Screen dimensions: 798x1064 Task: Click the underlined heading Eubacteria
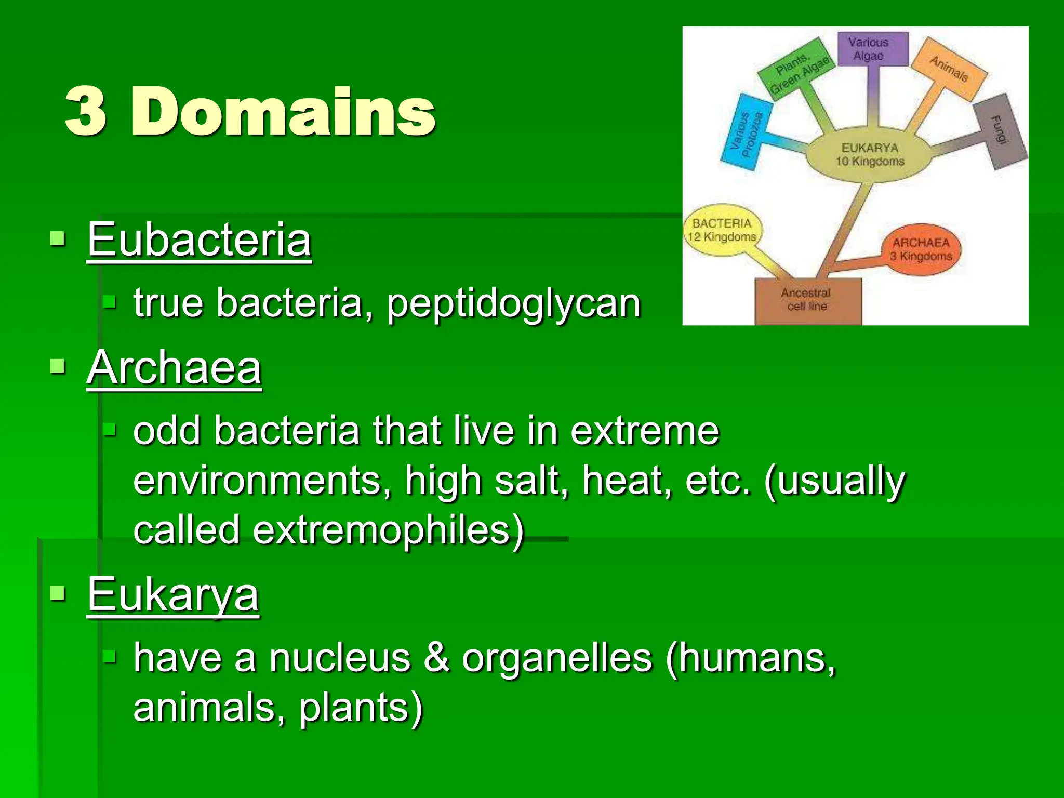pos(199,240)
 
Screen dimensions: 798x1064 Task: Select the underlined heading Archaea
pos(174,367)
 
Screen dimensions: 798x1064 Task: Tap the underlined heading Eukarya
pos(172,594)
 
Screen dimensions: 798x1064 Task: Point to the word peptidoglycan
pos(513,303)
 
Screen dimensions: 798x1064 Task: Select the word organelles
pos(556,658)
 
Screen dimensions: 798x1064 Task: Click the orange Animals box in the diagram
pos(949,69)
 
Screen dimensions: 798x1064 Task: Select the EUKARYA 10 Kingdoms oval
pos(870,155)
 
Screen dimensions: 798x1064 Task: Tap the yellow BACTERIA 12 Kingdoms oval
pos(722,230)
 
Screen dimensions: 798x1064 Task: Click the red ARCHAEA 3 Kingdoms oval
pos(921,249)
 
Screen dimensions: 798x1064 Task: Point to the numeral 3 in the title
pos(86,112)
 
